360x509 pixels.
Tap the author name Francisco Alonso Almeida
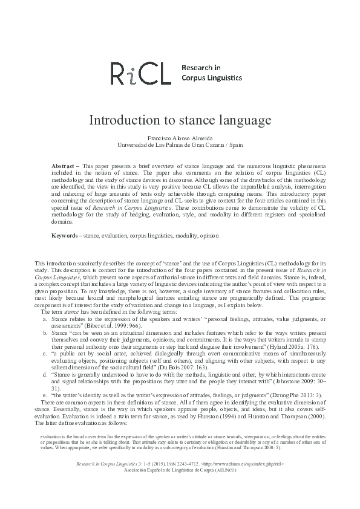point(180,138)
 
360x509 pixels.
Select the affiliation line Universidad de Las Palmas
point(180,145)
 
